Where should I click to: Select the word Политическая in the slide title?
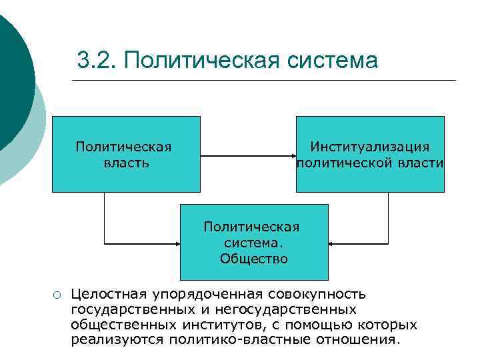[x=201, y=61]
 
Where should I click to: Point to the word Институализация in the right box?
[x=370, y=147]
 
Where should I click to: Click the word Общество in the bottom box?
[x=254, y=259]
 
